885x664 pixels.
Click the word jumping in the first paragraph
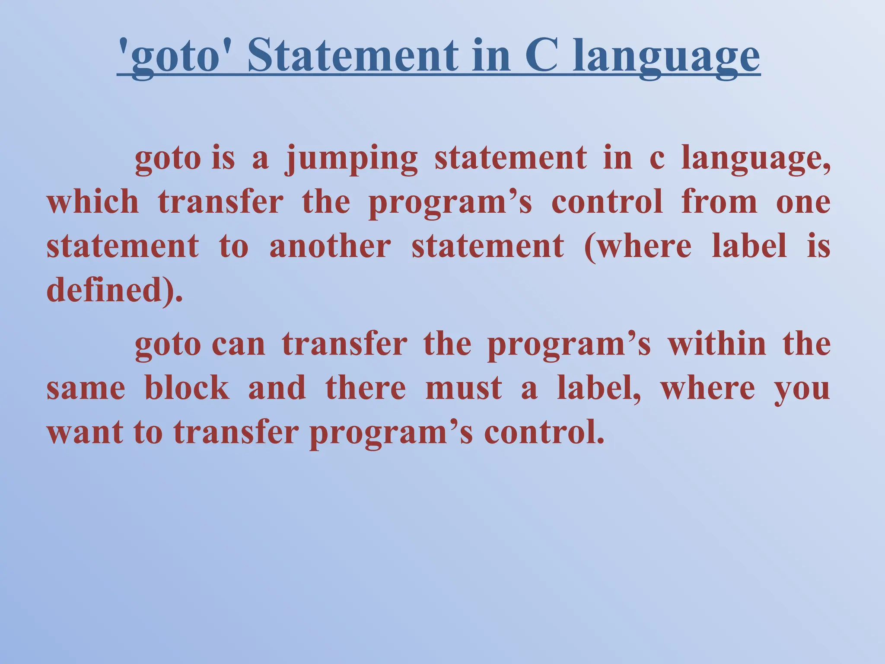pos(351,159)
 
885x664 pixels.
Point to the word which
pos(92,202)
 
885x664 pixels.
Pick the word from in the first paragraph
pos(719,202)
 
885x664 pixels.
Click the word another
pos(330,246)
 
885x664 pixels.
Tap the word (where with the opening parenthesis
pos(637,246)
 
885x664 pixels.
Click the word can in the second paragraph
pos(239,345)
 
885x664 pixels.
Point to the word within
pos(716,345)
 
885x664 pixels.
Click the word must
pos(464,388)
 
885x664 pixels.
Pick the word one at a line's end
pos(803,203)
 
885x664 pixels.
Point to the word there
pos(366,388)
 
